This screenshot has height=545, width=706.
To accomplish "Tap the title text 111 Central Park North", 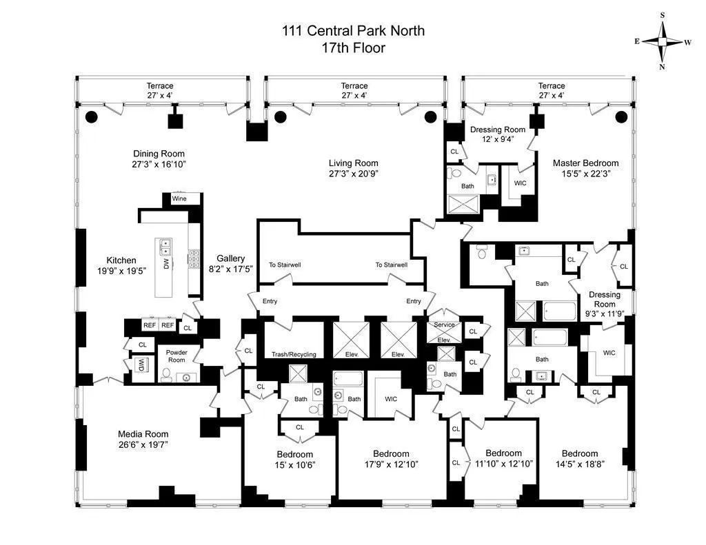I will point(353,30).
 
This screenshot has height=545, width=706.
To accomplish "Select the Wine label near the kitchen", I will point(179,198).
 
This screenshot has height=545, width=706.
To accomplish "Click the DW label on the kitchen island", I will point(166,263).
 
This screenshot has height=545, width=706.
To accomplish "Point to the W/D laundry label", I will point(141,364).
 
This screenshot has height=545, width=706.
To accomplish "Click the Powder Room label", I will point(176,356).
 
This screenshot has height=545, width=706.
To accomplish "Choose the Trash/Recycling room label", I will point(294,354).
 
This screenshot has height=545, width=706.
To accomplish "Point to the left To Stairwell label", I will point(285,265).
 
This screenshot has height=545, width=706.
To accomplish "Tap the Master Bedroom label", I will point(585,163).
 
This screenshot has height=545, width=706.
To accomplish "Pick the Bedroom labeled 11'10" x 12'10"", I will point(503,458).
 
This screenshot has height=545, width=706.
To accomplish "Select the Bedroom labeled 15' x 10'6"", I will point(295,460).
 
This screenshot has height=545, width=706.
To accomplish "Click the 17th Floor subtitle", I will point(353,48).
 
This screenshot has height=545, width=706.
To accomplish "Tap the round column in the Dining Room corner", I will point(91,116).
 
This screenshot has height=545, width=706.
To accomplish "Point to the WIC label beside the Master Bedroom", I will point(520,183).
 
